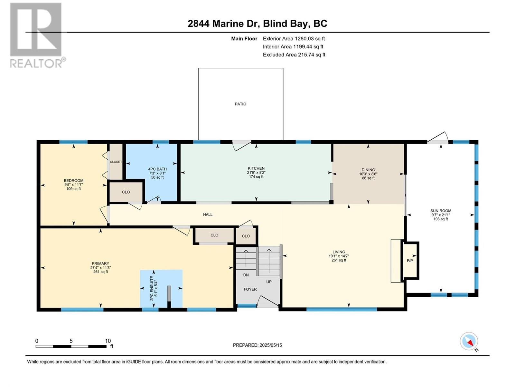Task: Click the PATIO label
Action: click(x=240, y=104)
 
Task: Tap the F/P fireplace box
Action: click(x=410, y=260)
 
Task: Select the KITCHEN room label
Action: click(x=256, y=168)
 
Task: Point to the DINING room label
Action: click(x=368, y=170)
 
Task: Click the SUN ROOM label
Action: click(x=441, y=211)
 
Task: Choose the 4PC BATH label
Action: click(x=157, y=169)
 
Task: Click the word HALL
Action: click(x=208, y=214)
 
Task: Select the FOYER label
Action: click(x=250, y=289)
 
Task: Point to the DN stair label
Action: click(x=246, y=275)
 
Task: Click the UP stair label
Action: click(x=269, y=282)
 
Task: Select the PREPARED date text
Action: click(x=257, y=345)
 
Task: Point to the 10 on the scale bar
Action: click(x=108, y=341)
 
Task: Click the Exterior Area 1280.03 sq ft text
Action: click(x=294, y=38)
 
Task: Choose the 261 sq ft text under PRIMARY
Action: click(x=100, y=272)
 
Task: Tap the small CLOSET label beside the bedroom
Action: click(x=116, y=162)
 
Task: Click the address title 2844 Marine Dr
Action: click(x=224, y=24)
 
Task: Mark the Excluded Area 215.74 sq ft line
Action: click(x=294, y=55)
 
